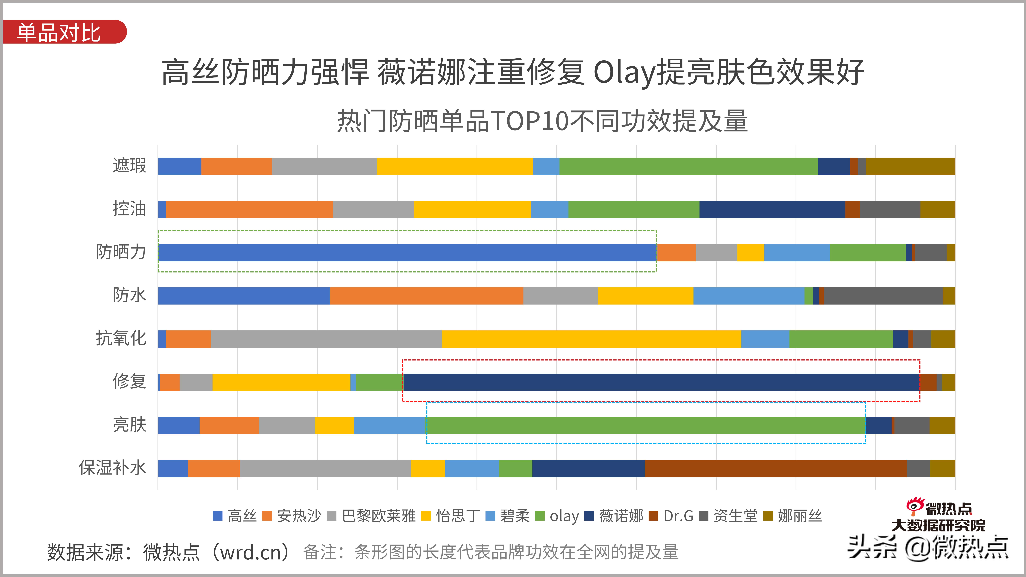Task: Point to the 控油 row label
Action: coord(129,209)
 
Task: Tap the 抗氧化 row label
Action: coord(121,338)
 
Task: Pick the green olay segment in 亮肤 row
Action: coord(645,425)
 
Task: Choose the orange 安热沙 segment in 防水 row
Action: coord(426,296)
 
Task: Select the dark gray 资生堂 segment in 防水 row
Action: coord(883,296)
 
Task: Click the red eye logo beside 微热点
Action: coord(915,506)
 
